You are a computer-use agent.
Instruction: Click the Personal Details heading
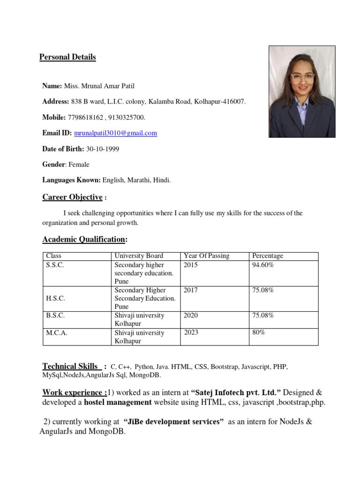pyautogui.click(x=67, y=57)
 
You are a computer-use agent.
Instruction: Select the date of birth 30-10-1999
pyautogui.click(x=103, y=149)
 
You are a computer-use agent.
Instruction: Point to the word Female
pyautogui.click(x=79, y=165)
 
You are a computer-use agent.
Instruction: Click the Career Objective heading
pyautogui.click(x=72, y=197)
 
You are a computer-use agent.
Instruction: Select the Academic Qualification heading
pyautogui.click(x=84, y=240)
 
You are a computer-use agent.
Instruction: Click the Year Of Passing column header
pyautogui.click(x=206, y=256)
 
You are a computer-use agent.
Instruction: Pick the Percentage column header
pyautogui.click(x=268, y=256)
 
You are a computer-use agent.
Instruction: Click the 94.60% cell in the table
pyautogui.click(x=263, y=265)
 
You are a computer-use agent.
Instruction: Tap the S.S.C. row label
pyautogui.click(x=55, y=265)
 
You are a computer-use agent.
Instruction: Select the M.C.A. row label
pyautogui.click(x=56, y=333)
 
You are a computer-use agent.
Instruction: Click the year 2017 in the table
pyautogui.click(x=191, y=291)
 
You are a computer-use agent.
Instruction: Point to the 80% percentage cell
pyautogui.click(x=259, y=333)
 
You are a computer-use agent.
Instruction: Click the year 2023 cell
pyautogui.click(x=191, y=333)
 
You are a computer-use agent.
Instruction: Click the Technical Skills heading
pyautogui.click(x=70, y=366)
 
